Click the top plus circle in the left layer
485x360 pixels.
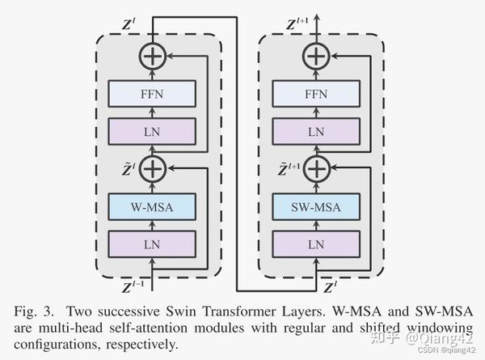(152, 56)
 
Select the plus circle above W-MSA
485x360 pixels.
(152, 168)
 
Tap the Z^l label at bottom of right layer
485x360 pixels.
(330, 286)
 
